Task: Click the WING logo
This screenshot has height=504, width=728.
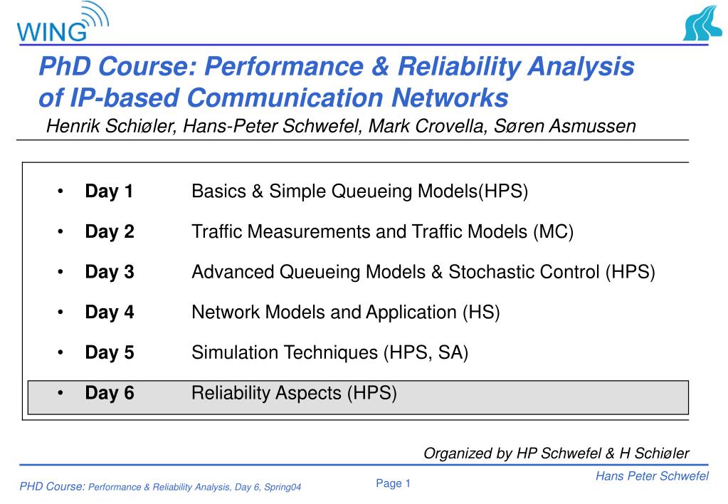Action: pyautogui.click(x=63, y=22)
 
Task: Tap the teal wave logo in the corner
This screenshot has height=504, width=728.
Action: pyautogui.click(x=702, y=23)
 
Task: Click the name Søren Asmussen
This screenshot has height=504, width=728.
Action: pyautogui.click(x=564, y=126)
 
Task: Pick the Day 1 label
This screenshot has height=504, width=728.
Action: pyautogui.click(x=109, y=191)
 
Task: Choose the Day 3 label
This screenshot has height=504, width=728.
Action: pyautogui.click(x=110, y=272)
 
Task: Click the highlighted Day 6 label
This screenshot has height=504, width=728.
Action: pyautogui.click(x=110, y=393)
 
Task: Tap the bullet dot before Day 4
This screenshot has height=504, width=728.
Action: pyautogui.click(x=60, y=313)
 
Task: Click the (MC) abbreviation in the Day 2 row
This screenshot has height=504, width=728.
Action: pyautogui.click(x=554, y=232)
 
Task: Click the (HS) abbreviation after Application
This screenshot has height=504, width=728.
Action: pyautogui.click(x=481, y=313)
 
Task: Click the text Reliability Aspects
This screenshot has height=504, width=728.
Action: pyautogui.click(x=266, y=393)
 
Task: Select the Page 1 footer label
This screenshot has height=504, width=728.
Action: pyautogui.click(x=394, y=483)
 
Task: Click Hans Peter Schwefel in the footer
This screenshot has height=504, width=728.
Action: pyautogui.click(x=653, y=476)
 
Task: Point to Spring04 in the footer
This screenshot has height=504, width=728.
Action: pyautogui.click(x=283, y=488)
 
